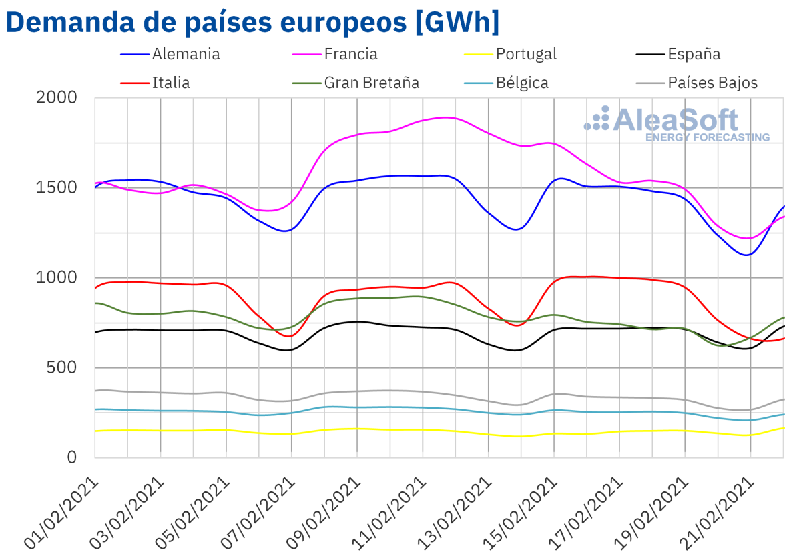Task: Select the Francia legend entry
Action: point(350,54)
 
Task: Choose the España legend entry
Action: point(694,54)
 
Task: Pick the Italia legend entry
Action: point(171,83)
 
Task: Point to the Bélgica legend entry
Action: point(522,83)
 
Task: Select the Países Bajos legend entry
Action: point(713,83)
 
